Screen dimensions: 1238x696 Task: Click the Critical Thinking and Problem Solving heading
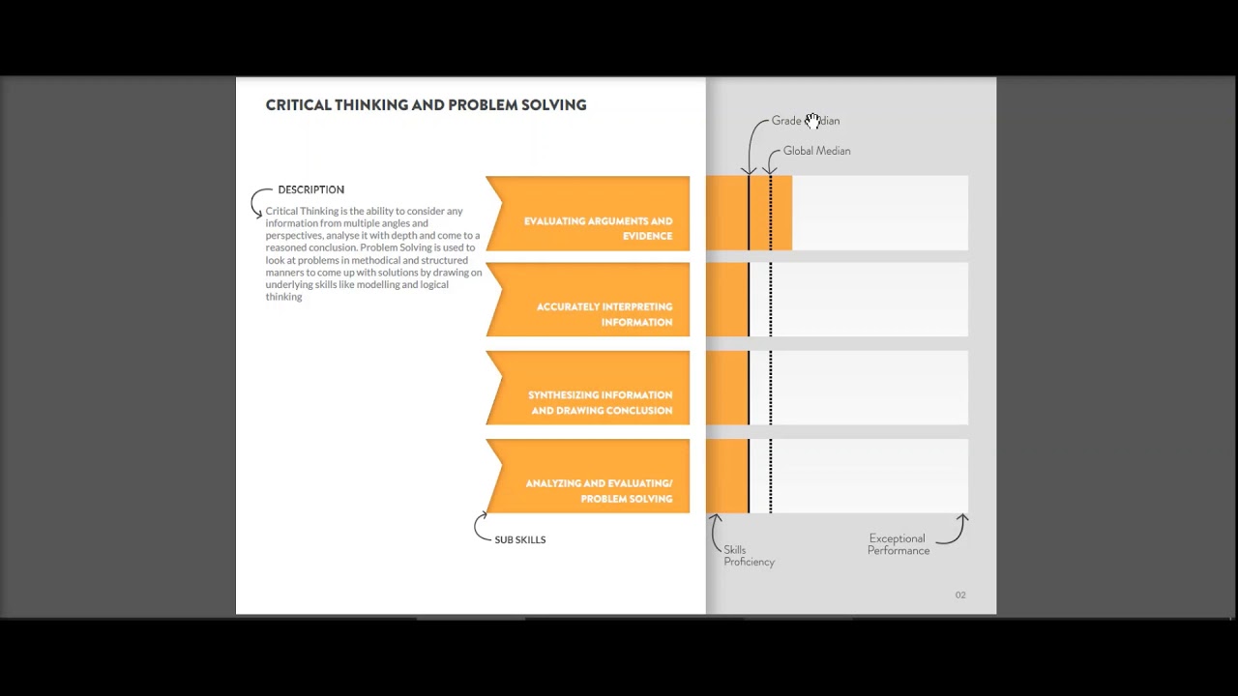(426, 105)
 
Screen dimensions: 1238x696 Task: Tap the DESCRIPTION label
(311, 190)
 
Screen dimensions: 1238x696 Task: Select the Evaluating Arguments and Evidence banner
(587, 214)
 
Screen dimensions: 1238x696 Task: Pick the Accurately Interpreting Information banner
(587, 300)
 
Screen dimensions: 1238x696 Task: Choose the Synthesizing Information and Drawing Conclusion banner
(587, 388)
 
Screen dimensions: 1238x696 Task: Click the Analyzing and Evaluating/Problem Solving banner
(587, 477)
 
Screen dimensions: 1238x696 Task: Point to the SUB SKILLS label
(520, 539)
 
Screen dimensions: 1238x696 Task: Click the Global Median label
(817, 151)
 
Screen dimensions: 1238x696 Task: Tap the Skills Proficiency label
(749, 556)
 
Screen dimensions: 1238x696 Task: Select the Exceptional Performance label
(899, 544)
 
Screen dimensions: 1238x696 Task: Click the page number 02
(960, 594)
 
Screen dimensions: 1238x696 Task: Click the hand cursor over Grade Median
(812, 121)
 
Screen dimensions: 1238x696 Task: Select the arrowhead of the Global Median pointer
(770, 171)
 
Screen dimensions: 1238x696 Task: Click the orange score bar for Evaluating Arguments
(749, 214)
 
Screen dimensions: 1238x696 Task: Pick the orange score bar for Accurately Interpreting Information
(727, 300)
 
